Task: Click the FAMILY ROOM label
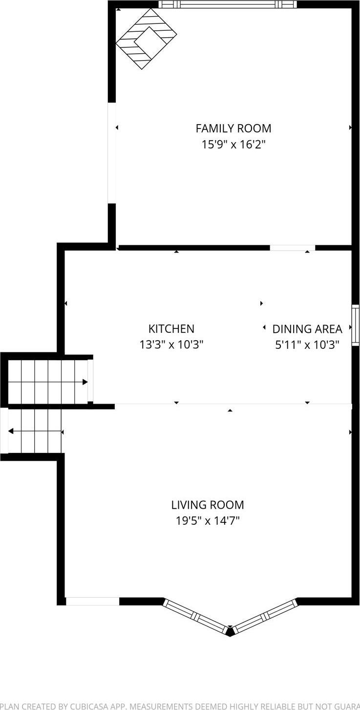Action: tap(233, 129)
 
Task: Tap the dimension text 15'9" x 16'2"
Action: tap(233, 145)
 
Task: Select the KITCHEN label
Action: tap(171, 329)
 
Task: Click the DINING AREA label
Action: tap(307, 329)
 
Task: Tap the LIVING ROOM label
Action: tap(208, 505)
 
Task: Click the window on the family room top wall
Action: tap(228, 4)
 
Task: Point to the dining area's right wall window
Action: tap(356, 325)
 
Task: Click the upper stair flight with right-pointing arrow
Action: tap(48, 382)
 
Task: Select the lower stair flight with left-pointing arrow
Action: tap(34, 431)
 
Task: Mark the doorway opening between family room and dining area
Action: tap(292, 248)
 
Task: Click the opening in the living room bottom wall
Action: tap(92, 601)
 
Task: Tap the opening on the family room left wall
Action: tap(112, 152)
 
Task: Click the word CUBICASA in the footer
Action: tap(89, 706)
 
